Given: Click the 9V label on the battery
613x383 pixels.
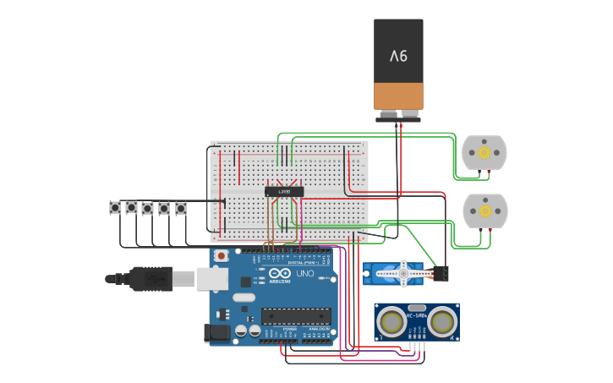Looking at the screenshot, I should [398, 56].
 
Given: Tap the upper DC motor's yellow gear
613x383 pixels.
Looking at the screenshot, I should [484, 153].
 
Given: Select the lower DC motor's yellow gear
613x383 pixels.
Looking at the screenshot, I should [484, 211].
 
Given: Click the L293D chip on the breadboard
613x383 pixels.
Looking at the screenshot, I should [284, 192].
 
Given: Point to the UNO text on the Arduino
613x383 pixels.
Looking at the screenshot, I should [304, 274].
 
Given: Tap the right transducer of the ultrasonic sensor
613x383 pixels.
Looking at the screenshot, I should [441, 321].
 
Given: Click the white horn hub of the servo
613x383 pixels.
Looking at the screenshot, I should [403, 272].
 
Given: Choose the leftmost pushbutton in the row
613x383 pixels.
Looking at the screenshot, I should [115, 207].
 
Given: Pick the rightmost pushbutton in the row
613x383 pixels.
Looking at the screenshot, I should [180, 207].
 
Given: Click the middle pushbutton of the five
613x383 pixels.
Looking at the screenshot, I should [148, 207].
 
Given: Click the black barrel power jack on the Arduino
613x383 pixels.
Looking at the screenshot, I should [219, 333].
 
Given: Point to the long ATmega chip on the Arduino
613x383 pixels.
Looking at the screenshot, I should [295, 316].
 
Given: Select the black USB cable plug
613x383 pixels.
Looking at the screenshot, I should [152, 278].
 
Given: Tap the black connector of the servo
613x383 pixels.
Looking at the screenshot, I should [441, 273].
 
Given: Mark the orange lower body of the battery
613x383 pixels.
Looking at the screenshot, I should [398, 96].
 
